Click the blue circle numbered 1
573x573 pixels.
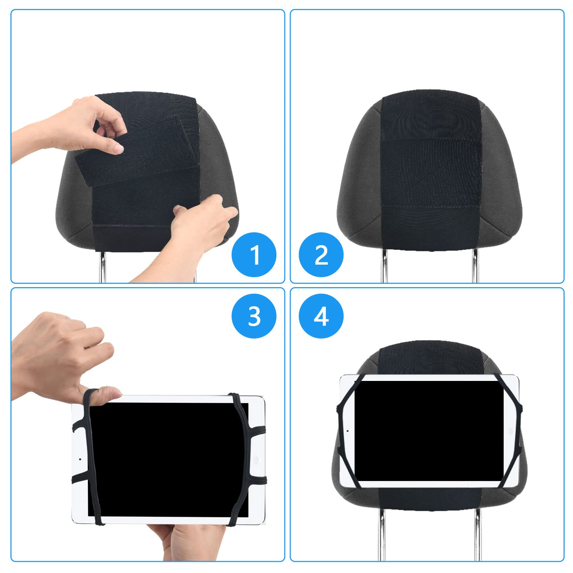(254, 255)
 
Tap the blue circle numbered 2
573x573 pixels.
(321, 255)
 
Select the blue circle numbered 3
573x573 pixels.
(254, 316)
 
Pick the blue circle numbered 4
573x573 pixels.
(321, 316)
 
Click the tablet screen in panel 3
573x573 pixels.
(167, 458)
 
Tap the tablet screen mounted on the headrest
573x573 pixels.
(429, 431)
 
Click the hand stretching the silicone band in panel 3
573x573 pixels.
(59, 358)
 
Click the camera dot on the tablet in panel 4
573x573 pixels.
(348, 431)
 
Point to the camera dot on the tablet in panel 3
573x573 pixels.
(80, 459)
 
